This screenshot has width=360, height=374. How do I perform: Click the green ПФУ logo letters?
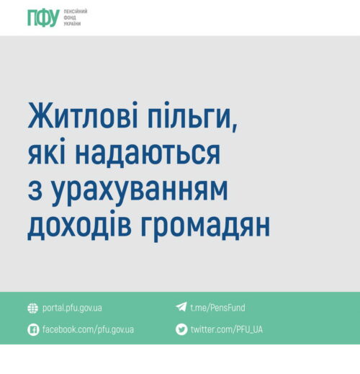pyautogui.click(x=43, y=18)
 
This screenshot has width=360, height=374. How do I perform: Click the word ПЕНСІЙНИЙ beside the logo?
pyautogui.click(x=76, y=12)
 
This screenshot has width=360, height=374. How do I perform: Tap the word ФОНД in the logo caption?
pyautogui.click(x=70, y=17)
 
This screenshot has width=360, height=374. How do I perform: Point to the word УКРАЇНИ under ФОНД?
pyautogui.click(x=72, y=24)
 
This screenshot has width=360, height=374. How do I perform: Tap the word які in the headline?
pyautogui.click(x=46, y=151)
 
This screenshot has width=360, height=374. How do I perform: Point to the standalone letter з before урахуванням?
pyautogui.click(x=35, y=190)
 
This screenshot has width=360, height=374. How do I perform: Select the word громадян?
pyautogui.click(x=205, y=227)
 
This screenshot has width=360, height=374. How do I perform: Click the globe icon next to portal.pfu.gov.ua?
pyautogui.click(x=32, y=308)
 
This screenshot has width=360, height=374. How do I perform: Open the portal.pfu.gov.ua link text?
pyautogui.click(x=72, y=308)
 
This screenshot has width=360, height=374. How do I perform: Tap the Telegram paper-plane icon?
pyautogui.click(x=181, y=307)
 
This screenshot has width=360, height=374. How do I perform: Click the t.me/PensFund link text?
pyautogui.click(x=217, y=308)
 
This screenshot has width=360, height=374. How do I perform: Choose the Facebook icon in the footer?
pyautogui.click(x=33, y=329)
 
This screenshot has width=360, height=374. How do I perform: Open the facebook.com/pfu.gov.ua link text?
pyautogui.click(x=88, y=329)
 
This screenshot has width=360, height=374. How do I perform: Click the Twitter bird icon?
pyautogui.click(x=181, y=329)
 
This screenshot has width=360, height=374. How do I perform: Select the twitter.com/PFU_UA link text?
pyautogui.click(x=227, y=329)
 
